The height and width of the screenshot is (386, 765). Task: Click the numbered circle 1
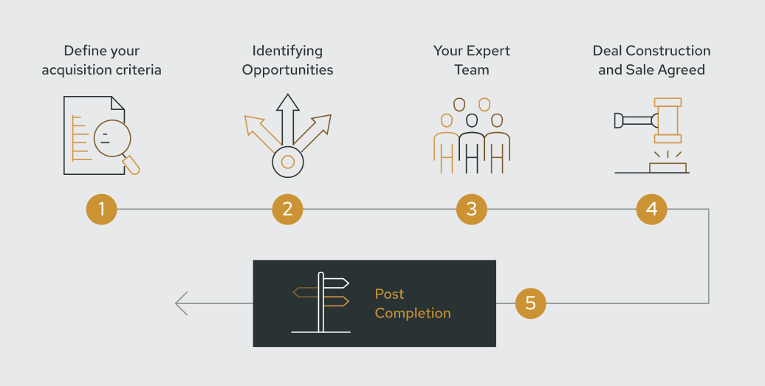[101, 210]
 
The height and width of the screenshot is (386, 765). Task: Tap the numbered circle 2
[287, 210]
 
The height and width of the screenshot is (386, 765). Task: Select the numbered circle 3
[472, 210]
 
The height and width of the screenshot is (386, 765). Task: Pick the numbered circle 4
[651, 210]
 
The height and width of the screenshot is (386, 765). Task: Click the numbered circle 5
[530, 303]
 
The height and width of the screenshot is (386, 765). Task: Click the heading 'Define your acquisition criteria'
[101, 61]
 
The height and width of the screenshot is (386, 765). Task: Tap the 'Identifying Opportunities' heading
[287, 61]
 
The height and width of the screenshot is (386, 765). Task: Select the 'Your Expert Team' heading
[471, 61]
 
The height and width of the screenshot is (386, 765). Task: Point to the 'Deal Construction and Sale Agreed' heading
[651, 61]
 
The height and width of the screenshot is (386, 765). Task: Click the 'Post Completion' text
[412, 303]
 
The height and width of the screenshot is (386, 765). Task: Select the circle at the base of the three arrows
[287, 162]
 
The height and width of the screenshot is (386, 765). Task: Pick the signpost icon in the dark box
[321, 302]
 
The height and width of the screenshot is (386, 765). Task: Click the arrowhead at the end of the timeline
[181, 303]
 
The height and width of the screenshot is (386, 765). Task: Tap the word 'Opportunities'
[287, 70]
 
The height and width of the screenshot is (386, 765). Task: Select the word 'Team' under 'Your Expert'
[471, 70]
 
